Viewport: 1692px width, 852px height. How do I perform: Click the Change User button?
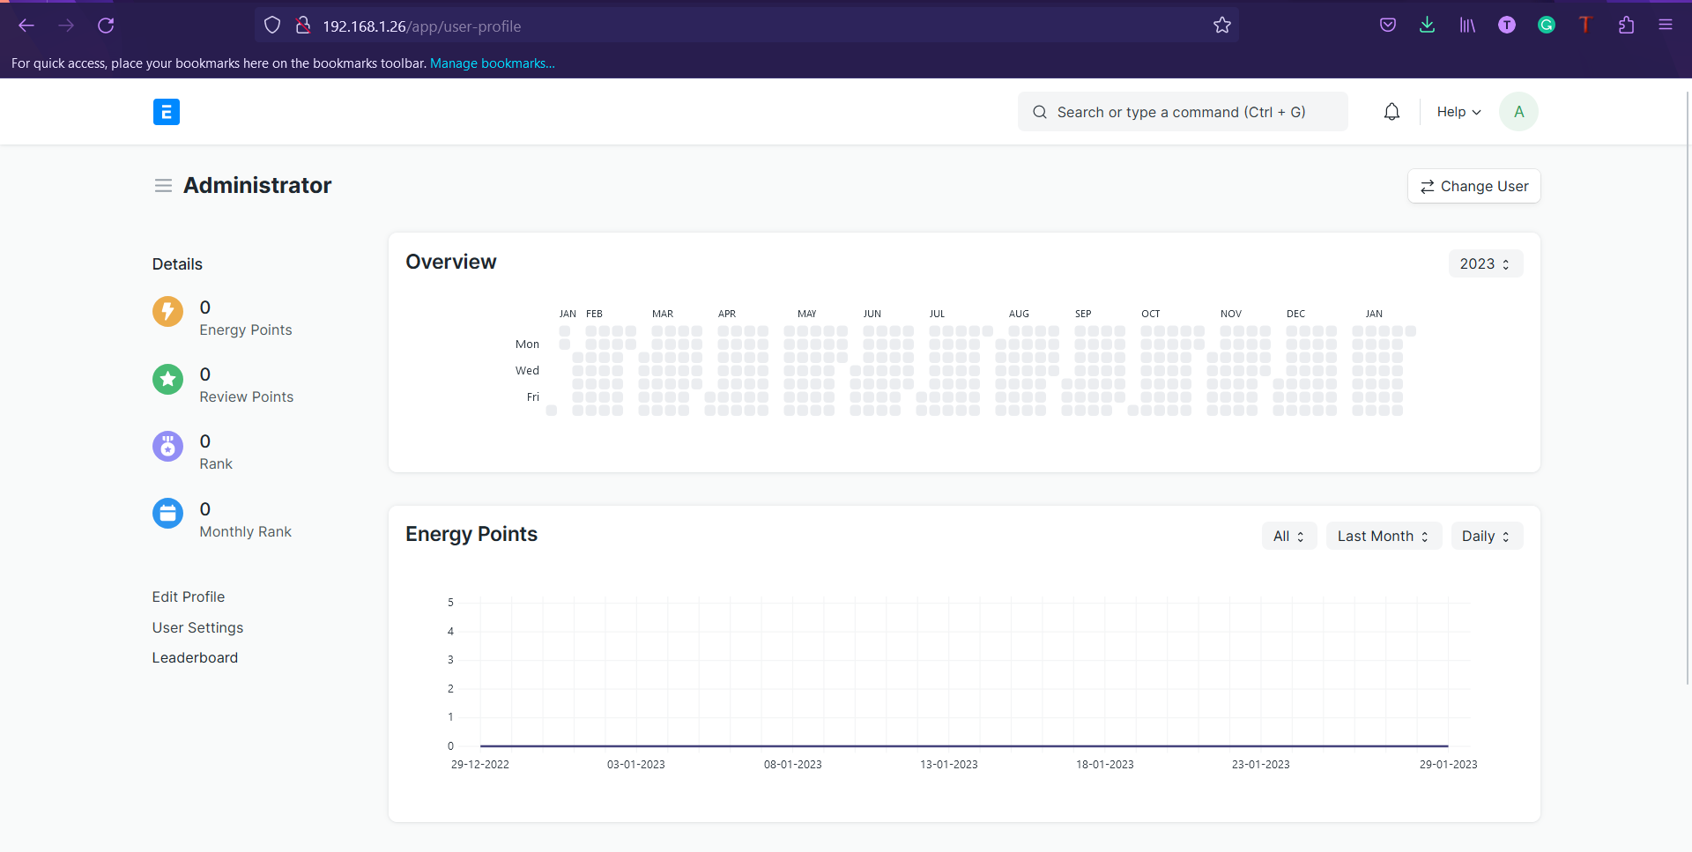1473,186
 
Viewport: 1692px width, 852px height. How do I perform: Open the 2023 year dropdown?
1485,263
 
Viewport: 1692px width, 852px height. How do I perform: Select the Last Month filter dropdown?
1383,536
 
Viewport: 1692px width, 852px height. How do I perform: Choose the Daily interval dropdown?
1486,536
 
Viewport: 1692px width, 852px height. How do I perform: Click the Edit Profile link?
188,596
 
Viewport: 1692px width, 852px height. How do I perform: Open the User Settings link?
197,627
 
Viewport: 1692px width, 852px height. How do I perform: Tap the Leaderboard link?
195,657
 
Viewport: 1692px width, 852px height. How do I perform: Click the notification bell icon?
1391,112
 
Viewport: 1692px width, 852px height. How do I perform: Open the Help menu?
1458,112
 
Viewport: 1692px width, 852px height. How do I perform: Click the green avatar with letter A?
1518,112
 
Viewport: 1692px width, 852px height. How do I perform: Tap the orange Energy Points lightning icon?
167,311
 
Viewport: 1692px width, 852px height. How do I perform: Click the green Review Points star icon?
167,379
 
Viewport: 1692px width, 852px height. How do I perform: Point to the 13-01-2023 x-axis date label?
948,764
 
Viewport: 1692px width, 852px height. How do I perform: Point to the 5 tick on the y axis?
450,603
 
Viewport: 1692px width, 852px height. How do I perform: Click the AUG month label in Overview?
1019,314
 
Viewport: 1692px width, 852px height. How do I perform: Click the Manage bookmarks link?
492,63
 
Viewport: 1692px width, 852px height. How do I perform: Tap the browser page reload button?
106,26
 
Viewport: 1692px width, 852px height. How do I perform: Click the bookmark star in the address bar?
1221,26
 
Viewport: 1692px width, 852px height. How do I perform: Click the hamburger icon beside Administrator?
163,186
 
